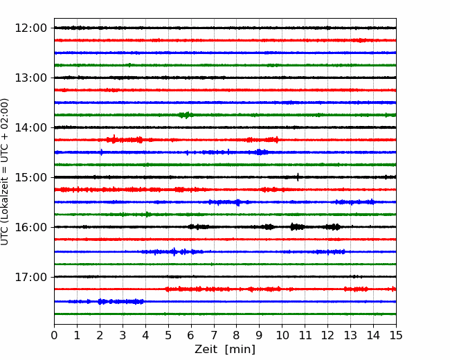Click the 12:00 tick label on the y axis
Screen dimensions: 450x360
pyautogui.click(x=30, y=28)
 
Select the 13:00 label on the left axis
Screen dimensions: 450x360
pyautogui.click(x=30, y=78)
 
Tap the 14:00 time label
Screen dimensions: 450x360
pyautogui.click(x=30, y=127)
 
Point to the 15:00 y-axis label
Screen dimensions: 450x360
pyautogui.click(x=30, y=177)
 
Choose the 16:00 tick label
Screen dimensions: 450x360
pyautogui.click(x=30, y=227)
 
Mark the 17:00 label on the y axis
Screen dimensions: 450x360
pyautogui.click(x=30, y=277)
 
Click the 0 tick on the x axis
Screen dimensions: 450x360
pyautogui.click(x=54, y=335)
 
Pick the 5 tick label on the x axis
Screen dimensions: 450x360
pyautogui.click(x=168, y=335)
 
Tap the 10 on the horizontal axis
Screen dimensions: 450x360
pyautogui.click(x=282, y=335)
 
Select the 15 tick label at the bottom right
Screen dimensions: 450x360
pyautogui.click(x=396, y=335)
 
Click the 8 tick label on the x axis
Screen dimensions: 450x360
pyautogui.click(x=237, y=335)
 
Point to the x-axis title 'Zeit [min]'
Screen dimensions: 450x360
pyautogui.click(x=225, y=350)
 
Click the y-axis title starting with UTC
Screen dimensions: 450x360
pyautogui.click(x=4, y=172)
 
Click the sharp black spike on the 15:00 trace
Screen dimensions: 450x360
pyautogui.click(x=298, y=177)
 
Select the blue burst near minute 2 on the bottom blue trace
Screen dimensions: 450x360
pyautogui.click(x=100, y=301)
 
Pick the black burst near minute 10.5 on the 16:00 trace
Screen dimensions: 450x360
pyautogui.click(x=297, y=227)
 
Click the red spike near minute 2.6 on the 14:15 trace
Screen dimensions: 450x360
pyautogui.click(x=114, y=139)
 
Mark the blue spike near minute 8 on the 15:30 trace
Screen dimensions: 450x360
pyautogui.click(x=237, y=202)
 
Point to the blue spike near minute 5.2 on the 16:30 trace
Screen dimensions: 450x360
pyautogui.click(x=174, y=252)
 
